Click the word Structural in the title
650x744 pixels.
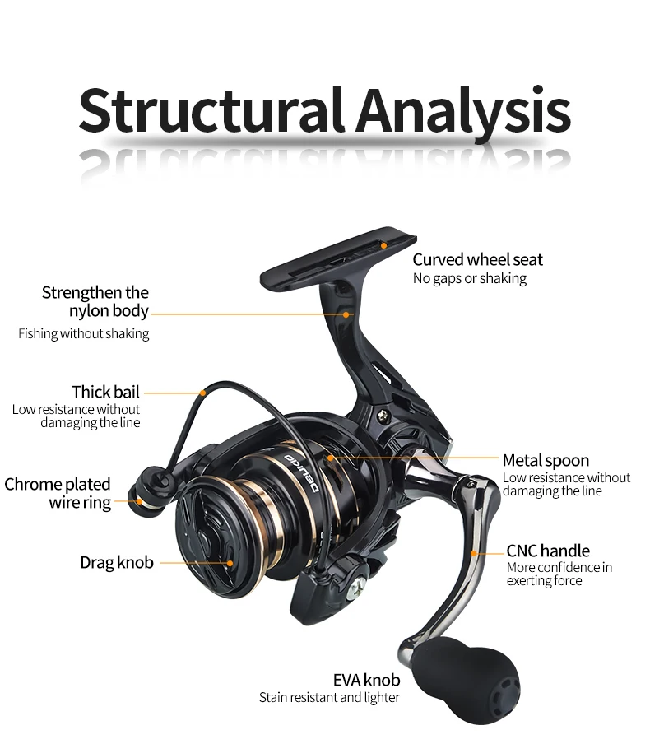click(x=211, y=109)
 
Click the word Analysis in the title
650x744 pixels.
click(x=463, y=113)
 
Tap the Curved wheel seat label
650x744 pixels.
click(x=477, y=259)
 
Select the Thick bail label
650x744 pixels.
click(x=106, y=392)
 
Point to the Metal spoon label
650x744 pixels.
click(x=546, y=460)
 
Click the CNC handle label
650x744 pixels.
click(x=548, y=551)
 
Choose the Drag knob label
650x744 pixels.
click(x=117, y=562)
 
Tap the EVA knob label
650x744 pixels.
click(x=366, y=680)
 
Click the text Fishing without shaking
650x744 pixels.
click(x=83, y=334)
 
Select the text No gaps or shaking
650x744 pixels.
click(x=470, y=278)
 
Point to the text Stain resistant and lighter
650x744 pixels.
click(x=329, y=698)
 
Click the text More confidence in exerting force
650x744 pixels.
click(x=559, y=574)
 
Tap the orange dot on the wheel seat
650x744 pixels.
click(x=384, y=245)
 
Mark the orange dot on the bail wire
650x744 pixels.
click(x=203, y=393)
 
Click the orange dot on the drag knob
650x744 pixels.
click(x=230, y=563)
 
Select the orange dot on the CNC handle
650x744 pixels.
click(x=473, y=553)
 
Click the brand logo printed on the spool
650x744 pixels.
click(x=302, y=472)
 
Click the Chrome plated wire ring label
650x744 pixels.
click(x=58, y=493)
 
